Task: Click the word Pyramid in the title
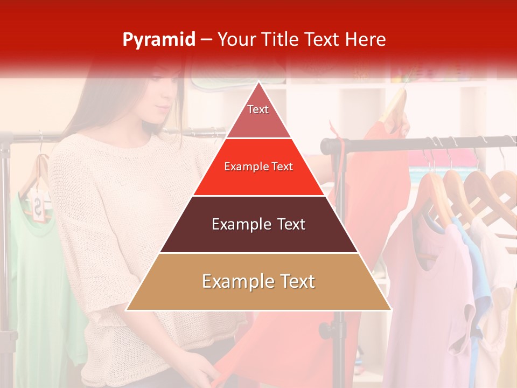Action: click(x=158, y=40)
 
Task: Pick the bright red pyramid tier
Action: click(x=258, y=167)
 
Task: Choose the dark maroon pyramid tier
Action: click(x=258, y=224)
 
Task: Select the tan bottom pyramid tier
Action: click(x=258, y=282)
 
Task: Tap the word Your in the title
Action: click(x=235, y=40)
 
